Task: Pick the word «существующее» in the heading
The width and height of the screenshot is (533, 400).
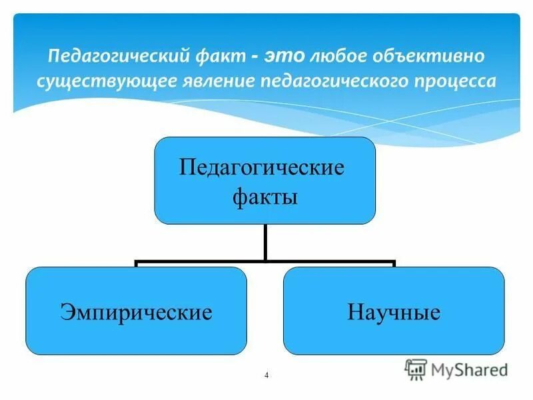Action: click(114, 81)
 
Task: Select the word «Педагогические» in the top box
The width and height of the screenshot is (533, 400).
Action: click(265, 167)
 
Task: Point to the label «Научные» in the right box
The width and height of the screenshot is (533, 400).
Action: click(393, 312)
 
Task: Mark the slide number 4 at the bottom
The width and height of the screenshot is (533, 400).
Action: click(266, 376)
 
